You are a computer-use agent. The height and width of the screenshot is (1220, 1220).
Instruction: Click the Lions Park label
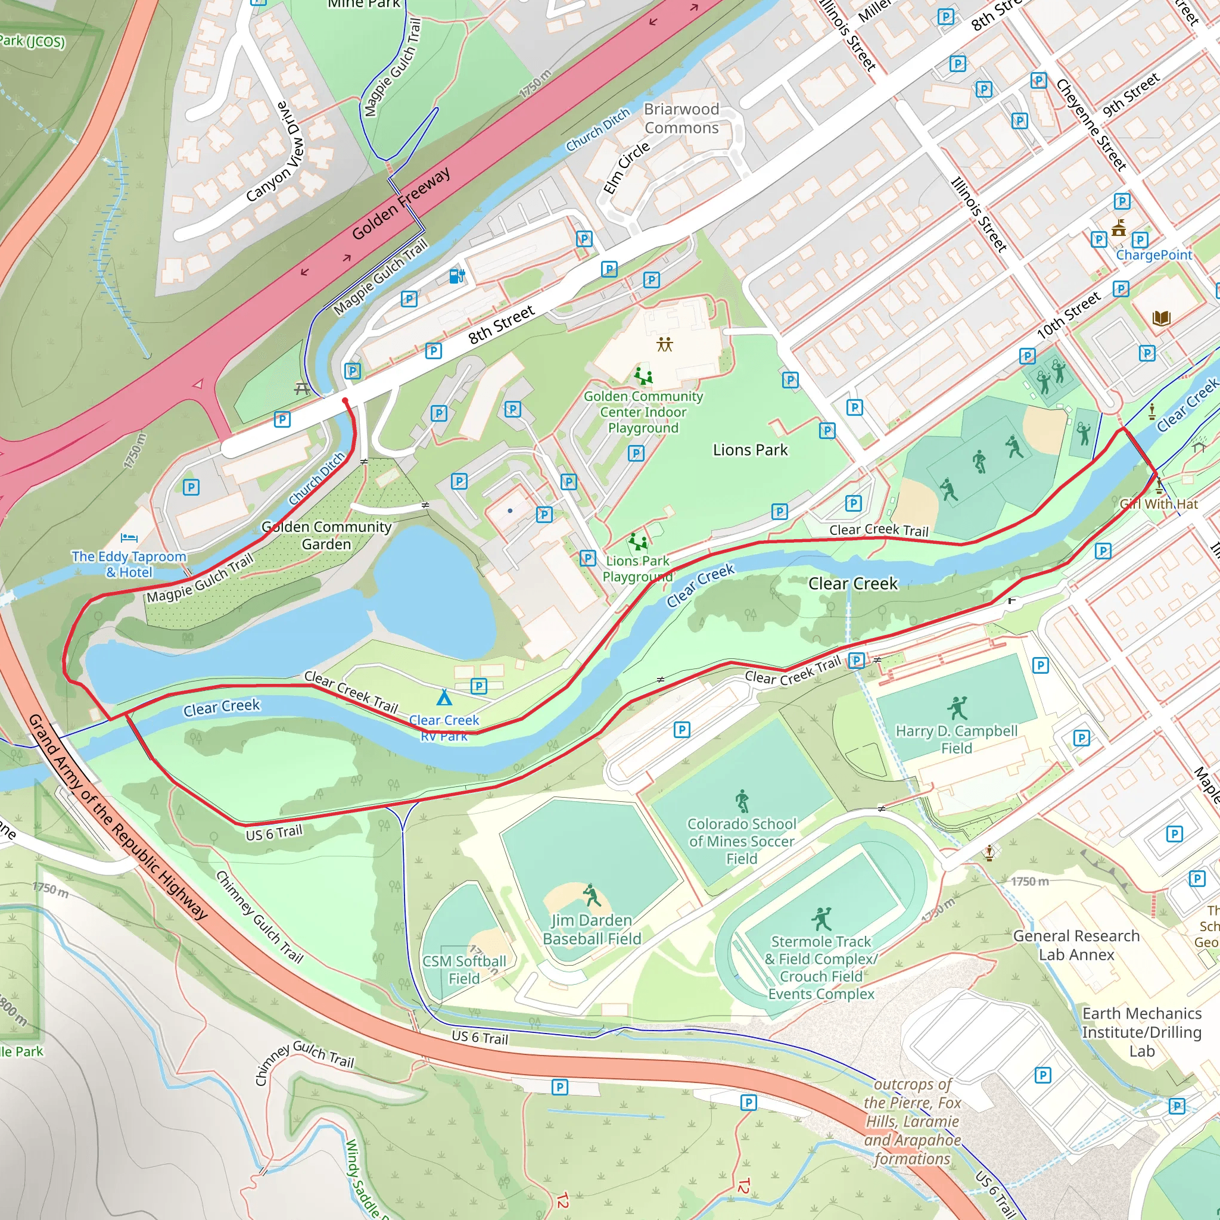click(749, 450)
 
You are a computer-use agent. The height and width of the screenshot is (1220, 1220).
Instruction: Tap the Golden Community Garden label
click(326, 535)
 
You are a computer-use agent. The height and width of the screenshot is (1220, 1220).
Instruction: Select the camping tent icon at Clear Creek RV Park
click(444, 698)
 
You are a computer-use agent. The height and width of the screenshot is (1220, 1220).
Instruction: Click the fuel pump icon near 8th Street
click(456, 276)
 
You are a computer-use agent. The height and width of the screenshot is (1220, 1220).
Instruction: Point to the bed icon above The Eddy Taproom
click(129, 538)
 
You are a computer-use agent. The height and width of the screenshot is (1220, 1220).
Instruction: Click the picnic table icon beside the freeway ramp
click(303, 389)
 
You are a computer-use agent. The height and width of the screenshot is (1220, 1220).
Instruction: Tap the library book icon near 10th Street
click(1161, 318)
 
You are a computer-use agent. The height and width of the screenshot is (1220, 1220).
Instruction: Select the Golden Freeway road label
click(401, 203)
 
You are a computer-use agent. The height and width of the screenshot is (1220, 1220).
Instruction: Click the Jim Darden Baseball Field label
click(592, 929)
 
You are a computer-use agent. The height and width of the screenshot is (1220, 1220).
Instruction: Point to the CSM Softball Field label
click(464, 969)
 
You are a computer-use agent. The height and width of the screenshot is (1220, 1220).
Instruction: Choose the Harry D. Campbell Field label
click(956, 739)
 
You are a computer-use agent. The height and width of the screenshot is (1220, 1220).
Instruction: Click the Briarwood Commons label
click(681, 118)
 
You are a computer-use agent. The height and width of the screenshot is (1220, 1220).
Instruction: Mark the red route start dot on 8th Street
click(345, 401)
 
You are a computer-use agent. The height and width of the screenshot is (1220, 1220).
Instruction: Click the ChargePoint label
click(1154, 255)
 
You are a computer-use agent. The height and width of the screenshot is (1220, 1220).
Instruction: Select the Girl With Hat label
click(1159, 504)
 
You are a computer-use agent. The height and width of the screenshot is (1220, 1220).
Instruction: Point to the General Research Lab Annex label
click(1076, 945)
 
